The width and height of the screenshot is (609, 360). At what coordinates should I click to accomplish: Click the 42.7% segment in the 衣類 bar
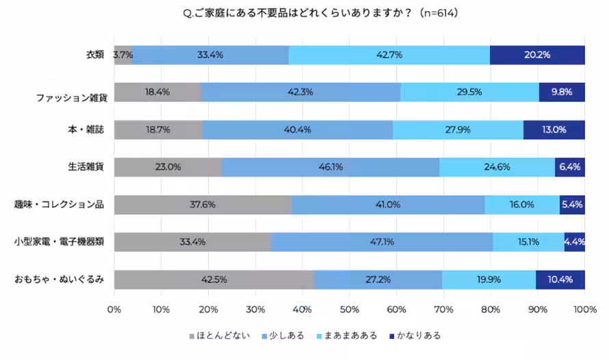click(389, 55)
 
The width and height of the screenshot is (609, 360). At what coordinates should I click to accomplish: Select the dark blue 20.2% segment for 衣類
click(537, 55)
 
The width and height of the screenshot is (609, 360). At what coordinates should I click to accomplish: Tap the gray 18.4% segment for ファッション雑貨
click(157, 92)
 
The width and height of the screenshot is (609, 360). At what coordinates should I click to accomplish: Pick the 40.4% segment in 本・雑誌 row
click(298, 129)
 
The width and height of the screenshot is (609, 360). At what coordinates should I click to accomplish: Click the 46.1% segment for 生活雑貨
click(331, 167)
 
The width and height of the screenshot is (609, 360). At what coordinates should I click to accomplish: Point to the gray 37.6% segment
click(203, 204)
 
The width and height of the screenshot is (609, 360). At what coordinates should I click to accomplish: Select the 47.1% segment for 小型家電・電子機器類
click(382, 242)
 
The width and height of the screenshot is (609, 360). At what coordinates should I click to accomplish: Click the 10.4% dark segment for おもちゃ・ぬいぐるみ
click(560, 279)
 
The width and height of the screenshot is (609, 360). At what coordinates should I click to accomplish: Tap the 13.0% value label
click(554, 129)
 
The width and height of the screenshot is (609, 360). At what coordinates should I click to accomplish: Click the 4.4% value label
click(574, 242)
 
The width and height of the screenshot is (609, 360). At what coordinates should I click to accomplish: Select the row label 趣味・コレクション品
click(60, 204)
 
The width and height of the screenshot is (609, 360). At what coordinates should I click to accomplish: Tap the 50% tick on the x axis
click(349, 309)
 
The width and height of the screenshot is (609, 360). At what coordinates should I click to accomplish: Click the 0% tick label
click(114, 309)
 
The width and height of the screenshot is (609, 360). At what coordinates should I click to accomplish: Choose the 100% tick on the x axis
click(584, 309)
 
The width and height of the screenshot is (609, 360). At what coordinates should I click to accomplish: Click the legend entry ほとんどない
click(218, 336)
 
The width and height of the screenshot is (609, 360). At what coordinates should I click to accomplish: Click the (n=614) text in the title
click(435, 13)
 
